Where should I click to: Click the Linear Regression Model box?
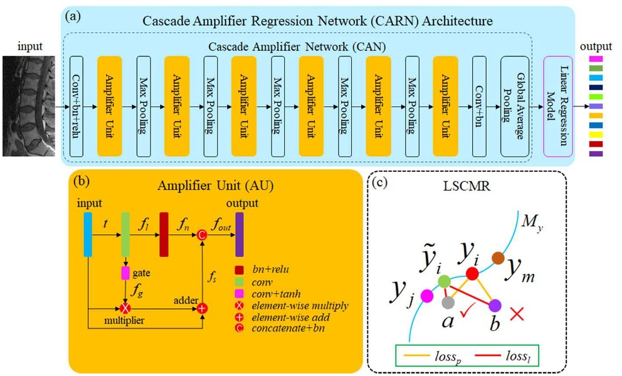click(x=558, y=106)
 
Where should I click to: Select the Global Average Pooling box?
click(x=515, y=106)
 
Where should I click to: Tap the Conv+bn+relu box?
click(x=76, y=106)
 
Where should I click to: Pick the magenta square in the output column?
click(x=596, y=58)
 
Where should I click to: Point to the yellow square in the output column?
click(x=596, y=134)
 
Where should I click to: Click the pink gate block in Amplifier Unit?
click(x=125, y=274)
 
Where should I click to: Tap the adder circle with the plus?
click(x=203, y=309)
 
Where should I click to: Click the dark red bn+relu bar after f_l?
click(x=164, y=235)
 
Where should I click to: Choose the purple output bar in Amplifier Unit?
click(x=240, y=235)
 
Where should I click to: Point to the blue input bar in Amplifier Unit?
click(x=88, y=235)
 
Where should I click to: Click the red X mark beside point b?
click(x=517, y=313)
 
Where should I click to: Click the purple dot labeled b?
click(x=495, y=306)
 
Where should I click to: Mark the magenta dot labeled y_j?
click(x=429, y=295)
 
